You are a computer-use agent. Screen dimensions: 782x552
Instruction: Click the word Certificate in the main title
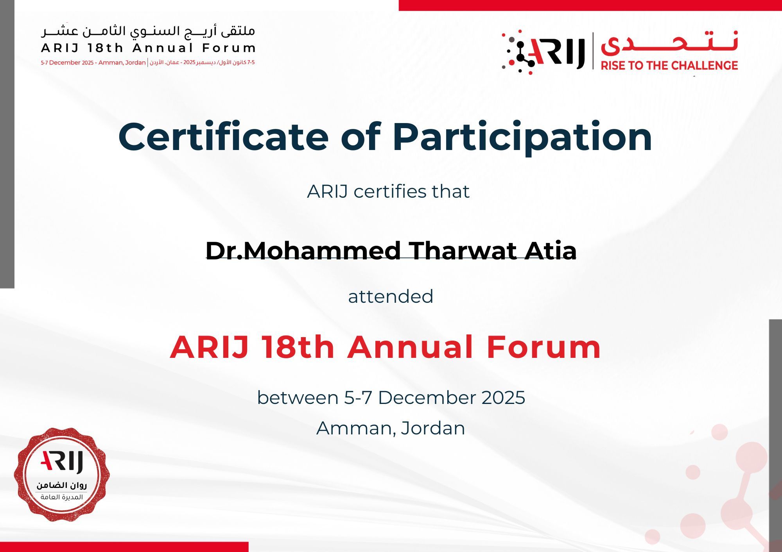pyautogui.click(x=223, y=137)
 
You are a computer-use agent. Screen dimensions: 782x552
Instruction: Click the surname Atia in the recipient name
pyautogui.click(x=551, y=250)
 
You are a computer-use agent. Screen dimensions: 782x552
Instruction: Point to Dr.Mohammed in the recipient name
pyautogui.click(x=303, y=250)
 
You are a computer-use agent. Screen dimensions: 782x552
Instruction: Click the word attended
pyautogui.click(x=391, y=296)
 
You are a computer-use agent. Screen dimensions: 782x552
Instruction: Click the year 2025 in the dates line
pyautogui.click(x=503, y=398)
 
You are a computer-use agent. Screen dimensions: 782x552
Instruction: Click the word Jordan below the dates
pyautogui.click(x=433, y=428)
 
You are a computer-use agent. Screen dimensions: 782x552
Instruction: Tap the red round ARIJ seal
pyautogui.click(x=62, y=474)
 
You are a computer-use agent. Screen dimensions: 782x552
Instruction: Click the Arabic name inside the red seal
pyautogui.click(x=62, y=485)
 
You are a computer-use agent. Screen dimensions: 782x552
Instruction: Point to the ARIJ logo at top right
pyautogui.click(x=544, y=52)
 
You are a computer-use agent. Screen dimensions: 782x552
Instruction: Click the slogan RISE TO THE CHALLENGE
pyautogui.click(x=669, y=65)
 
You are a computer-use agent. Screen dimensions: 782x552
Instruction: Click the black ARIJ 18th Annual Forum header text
pyautogui.click(x=148, y=48)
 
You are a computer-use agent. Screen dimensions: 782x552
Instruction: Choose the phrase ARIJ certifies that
pyautogui.click(x=388, y=191)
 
